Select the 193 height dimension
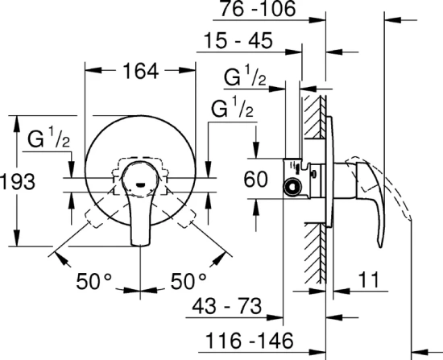pyautogui.click(x=17, y=182)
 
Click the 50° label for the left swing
pyautogui.click(x=93, y=281)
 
